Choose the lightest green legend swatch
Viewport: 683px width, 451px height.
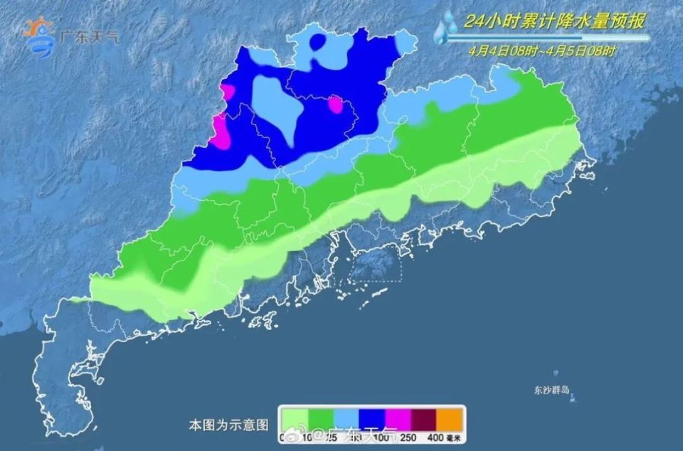click(292, 416)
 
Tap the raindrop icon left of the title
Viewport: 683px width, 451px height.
click(447, 28)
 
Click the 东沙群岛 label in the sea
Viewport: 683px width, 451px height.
click(552, 390)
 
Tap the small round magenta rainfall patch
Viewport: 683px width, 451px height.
click(334, 105)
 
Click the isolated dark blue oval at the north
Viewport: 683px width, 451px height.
click(319, 42)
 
